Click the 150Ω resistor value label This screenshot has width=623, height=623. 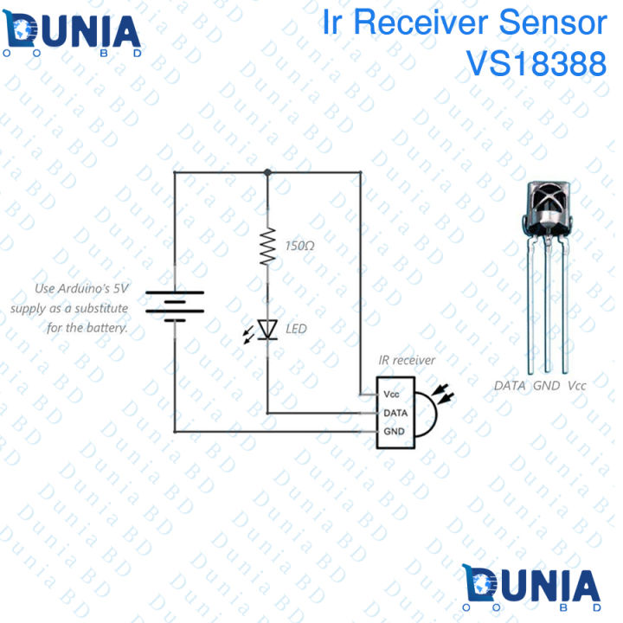(300, 247)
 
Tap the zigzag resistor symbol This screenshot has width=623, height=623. (267, 246)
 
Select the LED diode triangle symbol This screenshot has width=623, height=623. (267, 328)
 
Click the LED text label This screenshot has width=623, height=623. (296, 329)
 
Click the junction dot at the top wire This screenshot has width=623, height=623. (267, 172)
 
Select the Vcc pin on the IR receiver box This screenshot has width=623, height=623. (392, 395)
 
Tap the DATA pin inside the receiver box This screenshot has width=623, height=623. (394, 413)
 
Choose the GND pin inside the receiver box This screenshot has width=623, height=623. (394, 431)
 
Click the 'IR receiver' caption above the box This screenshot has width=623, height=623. (407, 360)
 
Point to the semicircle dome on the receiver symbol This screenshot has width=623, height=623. (424, 413)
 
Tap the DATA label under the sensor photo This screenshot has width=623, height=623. (510, 385)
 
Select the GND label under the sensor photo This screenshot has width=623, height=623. (547, 385)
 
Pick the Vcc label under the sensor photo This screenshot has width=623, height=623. (577, 385)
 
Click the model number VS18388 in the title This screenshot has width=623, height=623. (536, 63)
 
